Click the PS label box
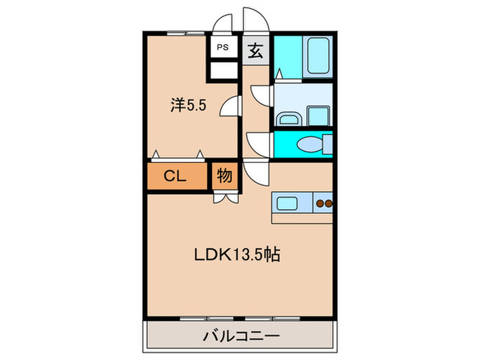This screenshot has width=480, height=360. coord(222,47)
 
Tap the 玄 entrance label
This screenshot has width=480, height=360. coord(255,50)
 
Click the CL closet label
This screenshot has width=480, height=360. coord(176,176)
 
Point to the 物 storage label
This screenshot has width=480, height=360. coord(224,176)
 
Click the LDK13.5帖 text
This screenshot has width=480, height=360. coord(236,254)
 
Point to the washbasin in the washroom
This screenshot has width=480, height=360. coord(287,119)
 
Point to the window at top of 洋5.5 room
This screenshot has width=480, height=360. coord(186,32)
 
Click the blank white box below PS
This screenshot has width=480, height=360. coord(222,70)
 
